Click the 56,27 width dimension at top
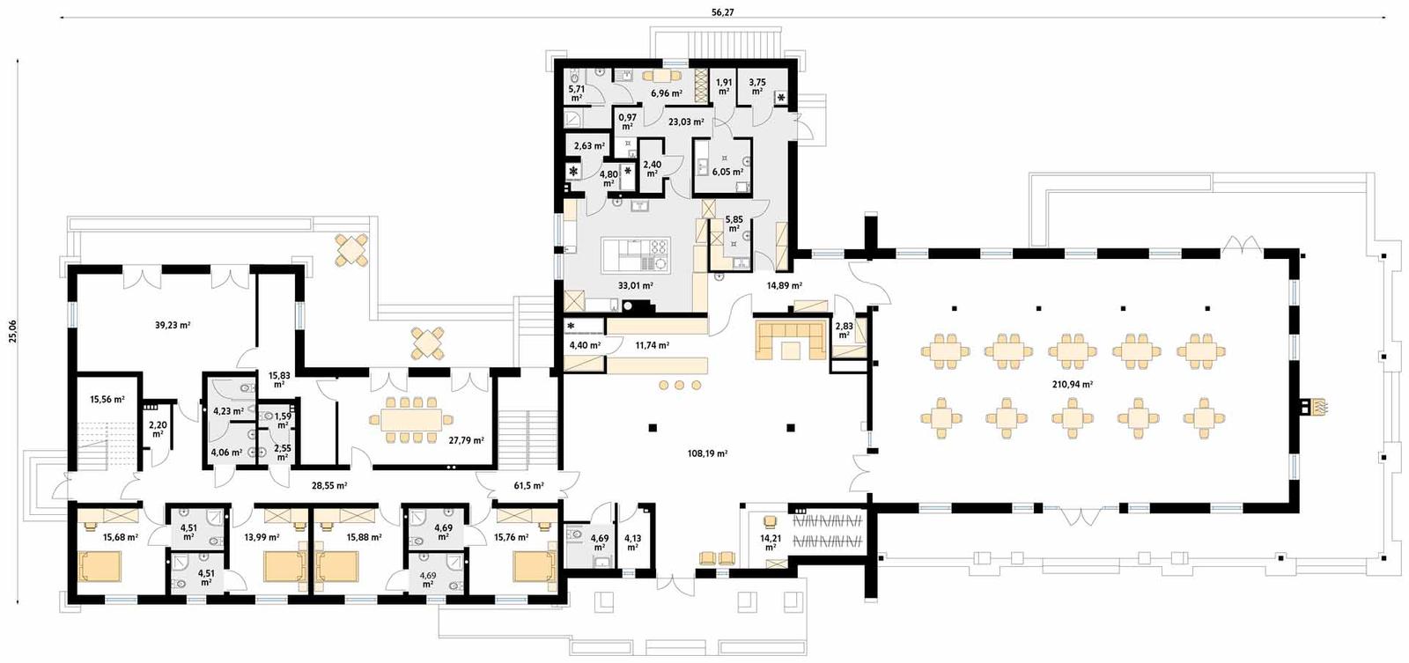(x=722, y=11)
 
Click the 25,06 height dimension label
(x=11, y=330)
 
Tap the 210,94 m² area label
(x=1072, y=384)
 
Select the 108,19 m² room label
(x=707, y=453)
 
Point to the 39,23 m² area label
(x=173, y=325)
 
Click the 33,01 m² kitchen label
(x=635, y=285)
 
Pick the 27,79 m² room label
(x=466, y=440)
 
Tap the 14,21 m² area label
(x=770, y=542)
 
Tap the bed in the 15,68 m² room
(x=104, y=568)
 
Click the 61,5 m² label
(x=528, y=485)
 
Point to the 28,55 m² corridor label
(x=329, y=485)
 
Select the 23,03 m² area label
(x=685, y=122)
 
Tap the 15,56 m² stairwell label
(x=107, y=399)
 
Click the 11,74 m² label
(x=652, y=345)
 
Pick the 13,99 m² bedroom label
(x=262, y=537)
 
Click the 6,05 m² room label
(x=727, y=172)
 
